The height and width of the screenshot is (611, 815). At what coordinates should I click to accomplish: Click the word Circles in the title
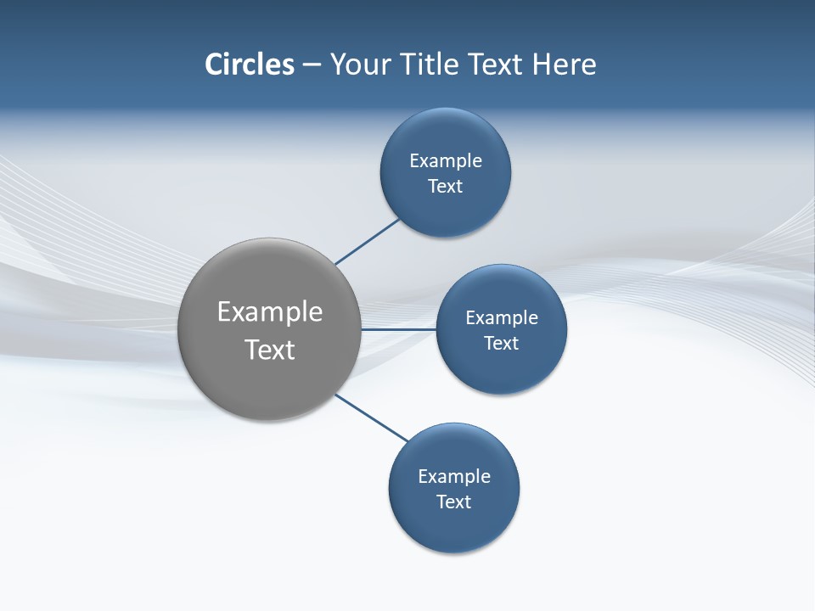coord(250,64)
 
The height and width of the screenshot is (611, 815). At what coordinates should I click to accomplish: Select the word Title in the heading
coord(434,64)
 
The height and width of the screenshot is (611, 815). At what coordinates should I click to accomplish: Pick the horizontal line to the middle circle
coord(399,329)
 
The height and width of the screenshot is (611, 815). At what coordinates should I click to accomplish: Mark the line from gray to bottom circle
coord(372,418)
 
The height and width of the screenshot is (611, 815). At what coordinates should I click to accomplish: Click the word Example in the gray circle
coord(270,312)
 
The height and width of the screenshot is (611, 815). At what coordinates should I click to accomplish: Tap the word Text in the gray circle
coord(270,350)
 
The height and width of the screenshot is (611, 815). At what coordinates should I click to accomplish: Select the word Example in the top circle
coord(446,161)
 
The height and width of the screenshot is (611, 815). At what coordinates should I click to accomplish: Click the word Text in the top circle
coord(446,187)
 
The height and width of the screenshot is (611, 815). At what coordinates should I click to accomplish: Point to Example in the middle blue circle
coord(502,318)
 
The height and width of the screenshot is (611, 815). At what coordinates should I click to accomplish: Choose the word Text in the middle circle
coord(502,344)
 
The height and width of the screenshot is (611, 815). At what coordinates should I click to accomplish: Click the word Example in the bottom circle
coord(454,477)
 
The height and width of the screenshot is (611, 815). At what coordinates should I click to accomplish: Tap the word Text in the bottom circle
coord(454,502)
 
